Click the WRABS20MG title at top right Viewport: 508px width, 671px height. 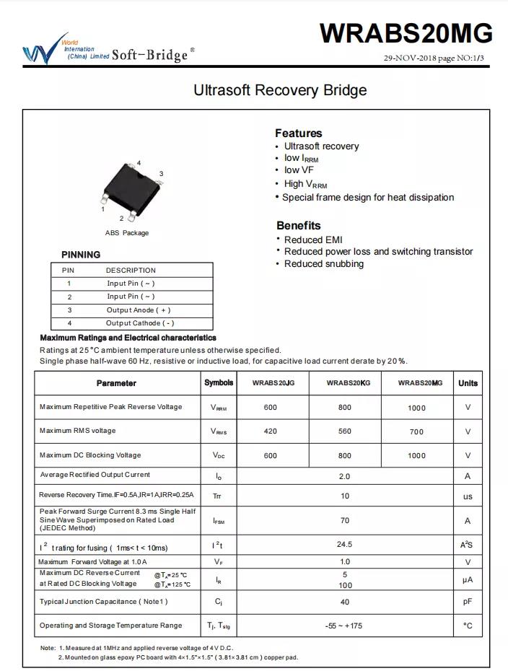tap(406, 33)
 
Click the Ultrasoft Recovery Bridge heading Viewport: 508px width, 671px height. tap(280, 90)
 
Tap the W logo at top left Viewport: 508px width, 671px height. tap(36, 51)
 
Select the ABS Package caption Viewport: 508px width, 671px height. tap(127, 233)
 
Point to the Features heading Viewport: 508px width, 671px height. tap(298, 133)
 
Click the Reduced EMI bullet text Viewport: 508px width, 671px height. tap(313, 240)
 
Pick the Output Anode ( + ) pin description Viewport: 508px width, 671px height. tap(139, 310)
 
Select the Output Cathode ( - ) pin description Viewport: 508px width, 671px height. tap(140, 323)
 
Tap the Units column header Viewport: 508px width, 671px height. tap(468, 383)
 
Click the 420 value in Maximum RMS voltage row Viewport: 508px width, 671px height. tap(270, 431)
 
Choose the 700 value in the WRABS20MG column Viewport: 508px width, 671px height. tap(416, 431)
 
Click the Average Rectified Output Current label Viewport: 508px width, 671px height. tap(95, 475)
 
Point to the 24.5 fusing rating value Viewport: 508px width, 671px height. tap(344, 544)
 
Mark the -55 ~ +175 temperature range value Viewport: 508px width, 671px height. tap(343, 626)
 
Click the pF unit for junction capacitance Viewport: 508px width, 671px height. tap(468, 601)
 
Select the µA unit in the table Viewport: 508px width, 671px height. tap(468, 579)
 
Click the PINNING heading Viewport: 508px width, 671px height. tap(81, 255)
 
